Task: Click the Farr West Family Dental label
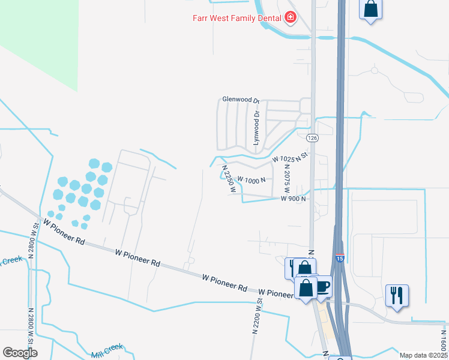(237, 17)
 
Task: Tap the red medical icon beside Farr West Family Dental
(291, 17)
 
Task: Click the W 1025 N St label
(289, 158)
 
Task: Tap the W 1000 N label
(252, 179)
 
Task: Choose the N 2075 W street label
(286, 178)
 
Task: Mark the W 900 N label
(294, 199)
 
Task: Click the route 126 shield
(311, 138)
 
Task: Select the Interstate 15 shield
(340, 259)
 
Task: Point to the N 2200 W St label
(258, 316)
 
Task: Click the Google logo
(20, 353)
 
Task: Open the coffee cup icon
(323, 286)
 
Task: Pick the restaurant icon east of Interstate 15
(397, 295)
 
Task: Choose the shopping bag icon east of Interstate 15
(371, 9)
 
